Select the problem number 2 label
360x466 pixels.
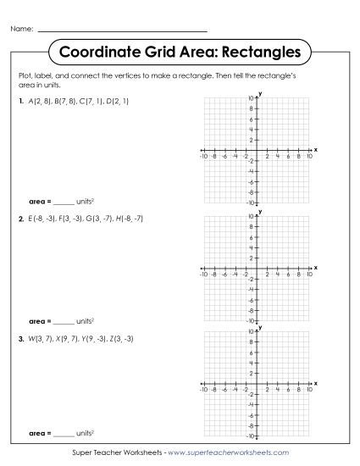(x=19, y=219)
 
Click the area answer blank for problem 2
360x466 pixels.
(x=64, y=322)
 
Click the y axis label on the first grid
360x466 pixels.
(x=260, y=93)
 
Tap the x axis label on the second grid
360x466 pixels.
(x=316, y=267)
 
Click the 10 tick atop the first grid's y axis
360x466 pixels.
(x=252, y=99)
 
